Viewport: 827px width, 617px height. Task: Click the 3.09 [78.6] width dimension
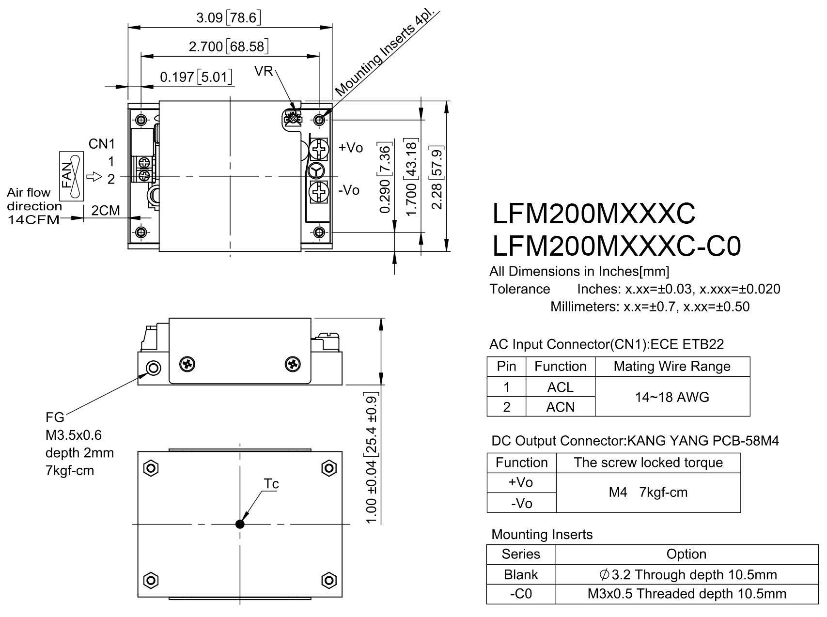[229, 18]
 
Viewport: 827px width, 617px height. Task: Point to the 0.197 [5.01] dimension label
[196, 77]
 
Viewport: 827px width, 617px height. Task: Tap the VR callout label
[263, 72]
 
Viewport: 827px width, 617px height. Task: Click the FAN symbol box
[72, 176]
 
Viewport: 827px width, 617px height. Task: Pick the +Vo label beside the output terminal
[351, 148]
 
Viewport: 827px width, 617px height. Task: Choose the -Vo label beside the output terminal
[349, 190]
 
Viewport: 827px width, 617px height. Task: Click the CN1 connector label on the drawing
[102, 144]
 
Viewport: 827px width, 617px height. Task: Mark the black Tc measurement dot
[240, 524]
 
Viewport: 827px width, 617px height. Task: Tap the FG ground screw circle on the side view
[154, 368]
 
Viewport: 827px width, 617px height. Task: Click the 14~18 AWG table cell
[672, 397]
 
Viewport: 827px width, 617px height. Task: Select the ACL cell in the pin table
[561, 387]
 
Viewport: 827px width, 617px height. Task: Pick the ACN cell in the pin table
[561, 407]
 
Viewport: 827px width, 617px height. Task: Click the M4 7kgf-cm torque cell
[648, 493]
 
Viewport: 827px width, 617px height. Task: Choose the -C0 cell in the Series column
[521, 594]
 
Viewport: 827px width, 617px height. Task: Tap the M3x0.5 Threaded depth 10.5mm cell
[687, 594]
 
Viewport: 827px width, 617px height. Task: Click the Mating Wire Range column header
[672, 366]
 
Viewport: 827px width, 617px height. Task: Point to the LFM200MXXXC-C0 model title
[617, 246]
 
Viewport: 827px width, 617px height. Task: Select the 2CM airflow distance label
[106, 210]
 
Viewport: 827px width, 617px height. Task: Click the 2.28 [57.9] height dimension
[437, 177]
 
